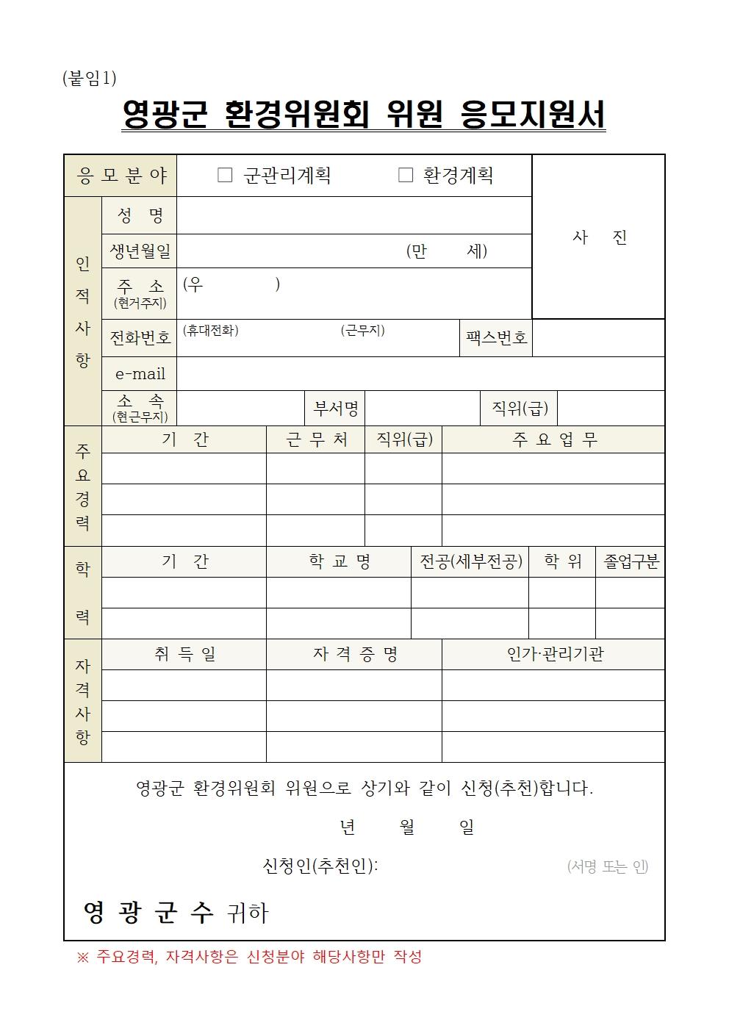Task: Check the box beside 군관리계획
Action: click(x=225, y=175)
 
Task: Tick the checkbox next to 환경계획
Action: click(x=405, y=175)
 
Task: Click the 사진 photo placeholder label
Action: click(x=599, y=237)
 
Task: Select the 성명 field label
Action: click(x=140, y=215)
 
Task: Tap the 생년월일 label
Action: click(x=140, y=251)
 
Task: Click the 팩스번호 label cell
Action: click(x=496, y=338)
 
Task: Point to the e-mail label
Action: click(x=140, y=374)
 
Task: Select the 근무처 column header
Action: click(x=316, y=439)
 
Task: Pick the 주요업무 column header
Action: click(x=554, y=439)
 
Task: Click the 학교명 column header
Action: click(x=339, y=562)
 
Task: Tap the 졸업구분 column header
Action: click(x=631, y=562)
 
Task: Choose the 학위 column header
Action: click(x=562, y=562)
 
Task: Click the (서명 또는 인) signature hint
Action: click(x=607, y=867)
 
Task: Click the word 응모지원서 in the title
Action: click(x=532, y=115)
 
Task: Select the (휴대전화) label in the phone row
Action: click(x=210, y=331)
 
